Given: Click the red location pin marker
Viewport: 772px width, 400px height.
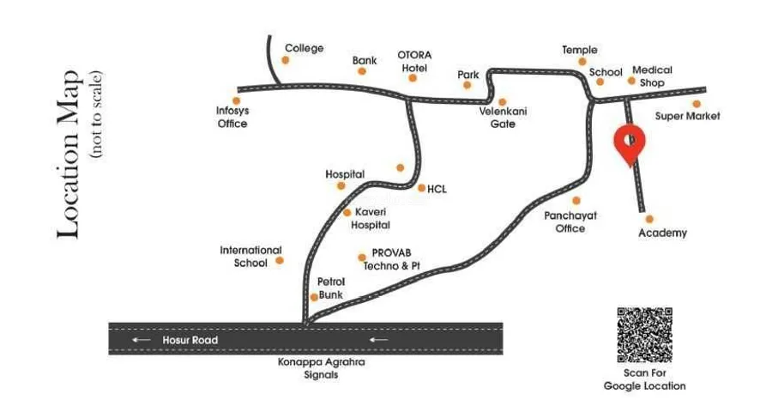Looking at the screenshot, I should [630, 143].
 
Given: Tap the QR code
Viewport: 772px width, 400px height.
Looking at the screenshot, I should [644, 334].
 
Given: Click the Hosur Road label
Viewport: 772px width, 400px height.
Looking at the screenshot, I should [190, 341].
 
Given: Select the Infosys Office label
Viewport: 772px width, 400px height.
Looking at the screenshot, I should [232, 117].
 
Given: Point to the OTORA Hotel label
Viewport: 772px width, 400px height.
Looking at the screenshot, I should [414, 60].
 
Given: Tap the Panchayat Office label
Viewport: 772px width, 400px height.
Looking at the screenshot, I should [564, 222].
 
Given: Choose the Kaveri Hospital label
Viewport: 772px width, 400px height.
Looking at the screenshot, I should [371, 218].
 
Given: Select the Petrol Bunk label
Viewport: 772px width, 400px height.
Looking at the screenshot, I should [331, 288].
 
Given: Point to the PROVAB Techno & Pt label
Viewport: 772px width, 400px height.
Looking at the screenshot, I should [391, 260].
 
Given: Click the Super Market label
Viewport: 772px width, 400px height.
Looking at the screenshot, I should [688, 116].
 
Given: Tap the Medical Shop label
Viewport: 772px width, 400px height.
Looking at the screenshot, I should [652, 76].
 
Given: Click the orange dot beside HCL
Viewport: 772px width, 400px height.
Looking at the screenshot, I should [420, 187].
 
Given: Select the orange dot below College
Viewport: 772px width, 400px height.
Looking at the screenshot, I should [286, 60].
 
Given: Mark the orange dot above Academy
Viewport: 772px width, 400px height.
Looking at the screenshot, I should [649, 219].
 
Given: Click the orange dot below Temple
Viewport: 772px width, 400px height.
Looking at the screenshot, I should [582, 62].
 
